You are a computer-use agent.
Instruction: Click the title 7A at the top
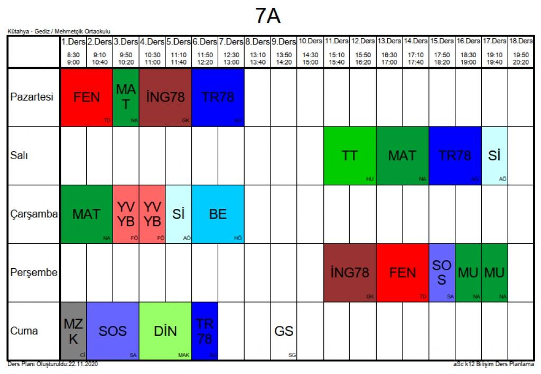click(268, 17)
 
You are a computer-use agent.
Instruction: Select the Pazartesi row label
click(32, 97)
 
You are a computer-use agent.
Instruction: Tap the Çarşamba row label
click(34, 214)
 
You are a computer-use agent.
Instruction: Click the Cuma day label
click(24, 331)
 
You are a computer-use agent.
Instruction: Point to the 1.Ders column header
click(73, 41)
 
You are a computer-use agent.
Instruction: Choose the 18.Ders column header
click(520, 41)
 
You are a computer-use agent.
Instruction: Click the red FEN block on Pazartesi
click(87, 97)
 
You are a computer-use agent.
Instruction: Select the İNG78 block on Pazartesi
click(165, 97)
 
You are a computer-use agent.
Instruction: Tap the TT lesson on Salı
click(350, 156)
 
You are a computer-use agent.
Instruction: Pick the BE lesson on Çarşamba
click(218, 214)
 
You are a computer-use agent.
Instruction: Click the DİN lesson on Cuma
click(165, 331)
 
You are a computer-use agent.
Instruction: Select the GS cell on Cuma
click(284, 331)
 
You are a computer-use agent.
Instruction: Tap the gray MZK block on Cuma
click(73, 331)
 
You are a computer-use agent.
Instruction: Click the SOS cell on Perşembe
click(442, 272)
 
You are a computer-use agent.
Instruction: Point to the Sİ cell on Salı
click(495, 156)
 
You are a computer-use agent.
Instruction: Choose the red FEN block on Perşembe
click(403, 272)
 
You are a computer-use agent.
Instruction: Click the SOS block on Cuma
click(113, 331)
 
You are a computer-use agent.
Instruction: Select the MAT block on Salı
click(403, 156)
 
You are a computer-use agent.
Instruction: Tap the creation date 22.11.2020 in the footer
click(82, 364)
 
